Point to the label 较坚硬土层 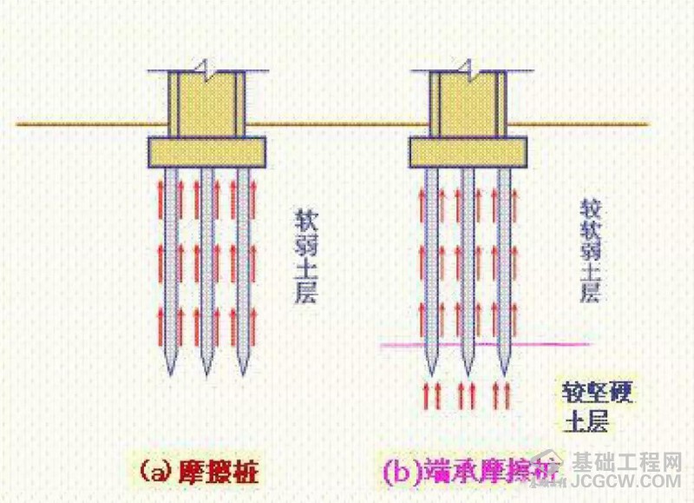click(599, 407)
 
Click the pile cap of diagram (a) click(206, 152)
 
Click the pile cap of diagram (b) click(467, 152)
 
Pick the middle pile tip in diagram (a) click(206, 372)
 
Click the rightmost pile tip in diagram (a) click(243, 372)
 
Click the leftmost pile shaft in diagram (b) click(431, 261)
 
